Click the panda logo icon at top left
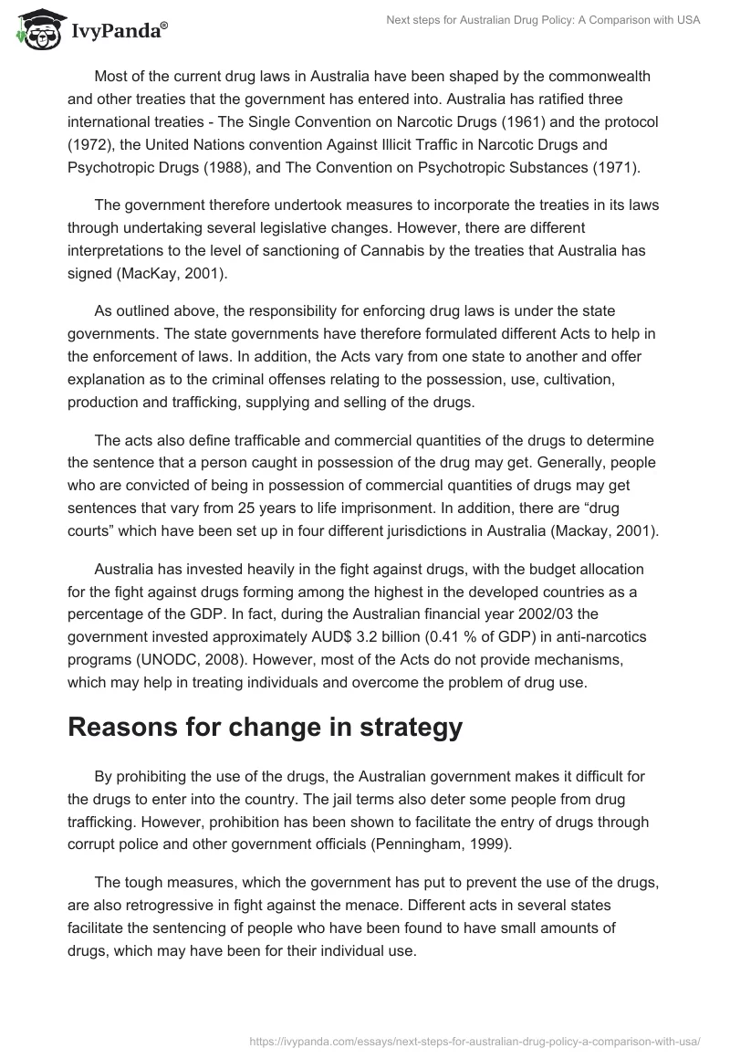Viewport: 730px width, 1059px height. [32, 31]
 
